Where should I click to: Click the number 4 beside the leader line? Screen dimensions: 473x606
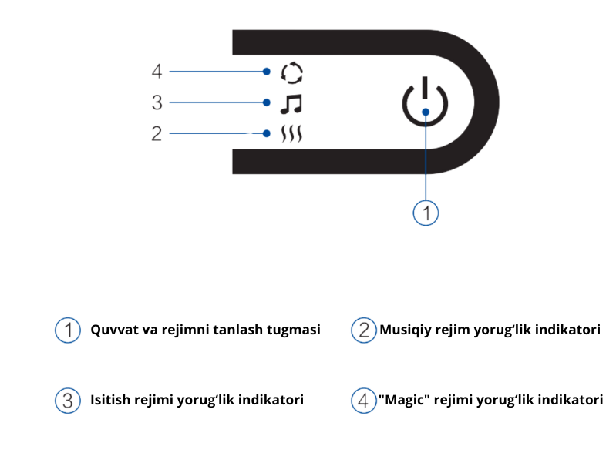click(x=157, y=72)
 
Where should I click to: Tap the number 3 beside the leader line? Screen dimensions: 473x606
click(x=157, y=102)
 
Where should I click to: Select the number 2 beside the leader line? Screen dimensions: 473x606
click(x=157, y=134)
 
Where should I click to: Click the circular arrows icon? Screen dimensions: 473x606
click(x=292, y=73)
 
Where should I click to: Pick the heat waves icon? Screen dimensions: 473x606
click(x=292, y=135)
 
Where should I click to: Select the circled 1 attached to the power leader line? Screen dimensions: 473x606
click(x=426, y=212)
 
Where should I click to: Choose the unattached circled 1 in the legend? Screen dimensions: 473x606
click(x=68, y=330)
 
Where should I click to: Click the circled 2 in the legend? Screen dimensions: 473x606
click(x=364, y=330)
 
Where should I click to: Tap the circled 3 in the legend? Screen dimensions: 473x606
click(x=68, y=401)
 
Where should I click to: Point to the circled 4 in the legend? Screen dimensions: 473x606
click(x=364, y=401)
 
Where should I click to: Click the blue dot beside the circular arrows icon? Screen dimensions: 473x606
click(x=267, y=72)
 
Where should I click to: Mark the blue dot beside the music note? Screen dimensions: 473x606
click(x=267, y=102)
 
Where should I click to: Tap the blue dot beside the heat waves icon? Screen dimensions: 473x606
click(x=267, y=134)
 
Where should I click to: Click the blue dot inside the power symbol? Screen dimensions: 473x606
click(x=425, y=112)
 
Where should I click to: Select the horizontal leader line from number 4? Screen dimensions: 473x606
click(x=216, y=72)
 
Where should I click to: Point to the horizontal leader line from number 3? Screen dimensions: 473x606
click(x=216, y=102)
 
